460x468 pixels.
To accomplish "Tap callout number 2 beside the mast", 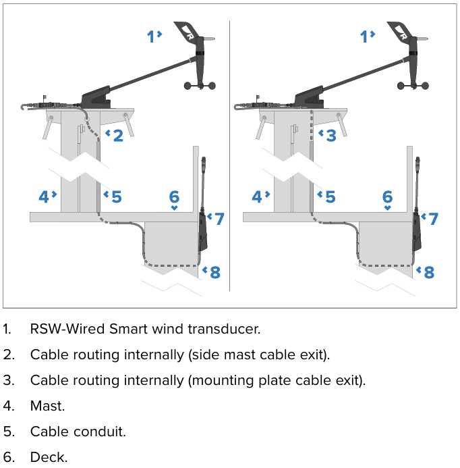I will point(118,136).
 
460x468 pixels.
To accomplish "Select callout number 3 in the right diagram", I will point(330,136).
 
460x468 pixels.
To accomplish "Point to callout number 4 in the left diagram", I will point(44,197).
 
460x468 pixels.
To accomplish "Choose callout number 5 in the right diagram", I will point(330,197).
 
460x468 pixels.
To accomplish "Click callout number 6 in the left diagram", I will point(174,197).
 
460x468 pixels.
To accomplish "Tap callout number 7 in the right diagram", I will point(433,219).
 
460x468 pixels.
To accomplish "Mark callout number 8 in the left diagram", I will point(215,272).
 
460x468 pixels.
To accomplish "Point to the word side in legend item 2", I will point(205,355).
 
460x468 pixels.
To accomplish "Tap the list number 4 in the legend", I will point(8,406).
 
